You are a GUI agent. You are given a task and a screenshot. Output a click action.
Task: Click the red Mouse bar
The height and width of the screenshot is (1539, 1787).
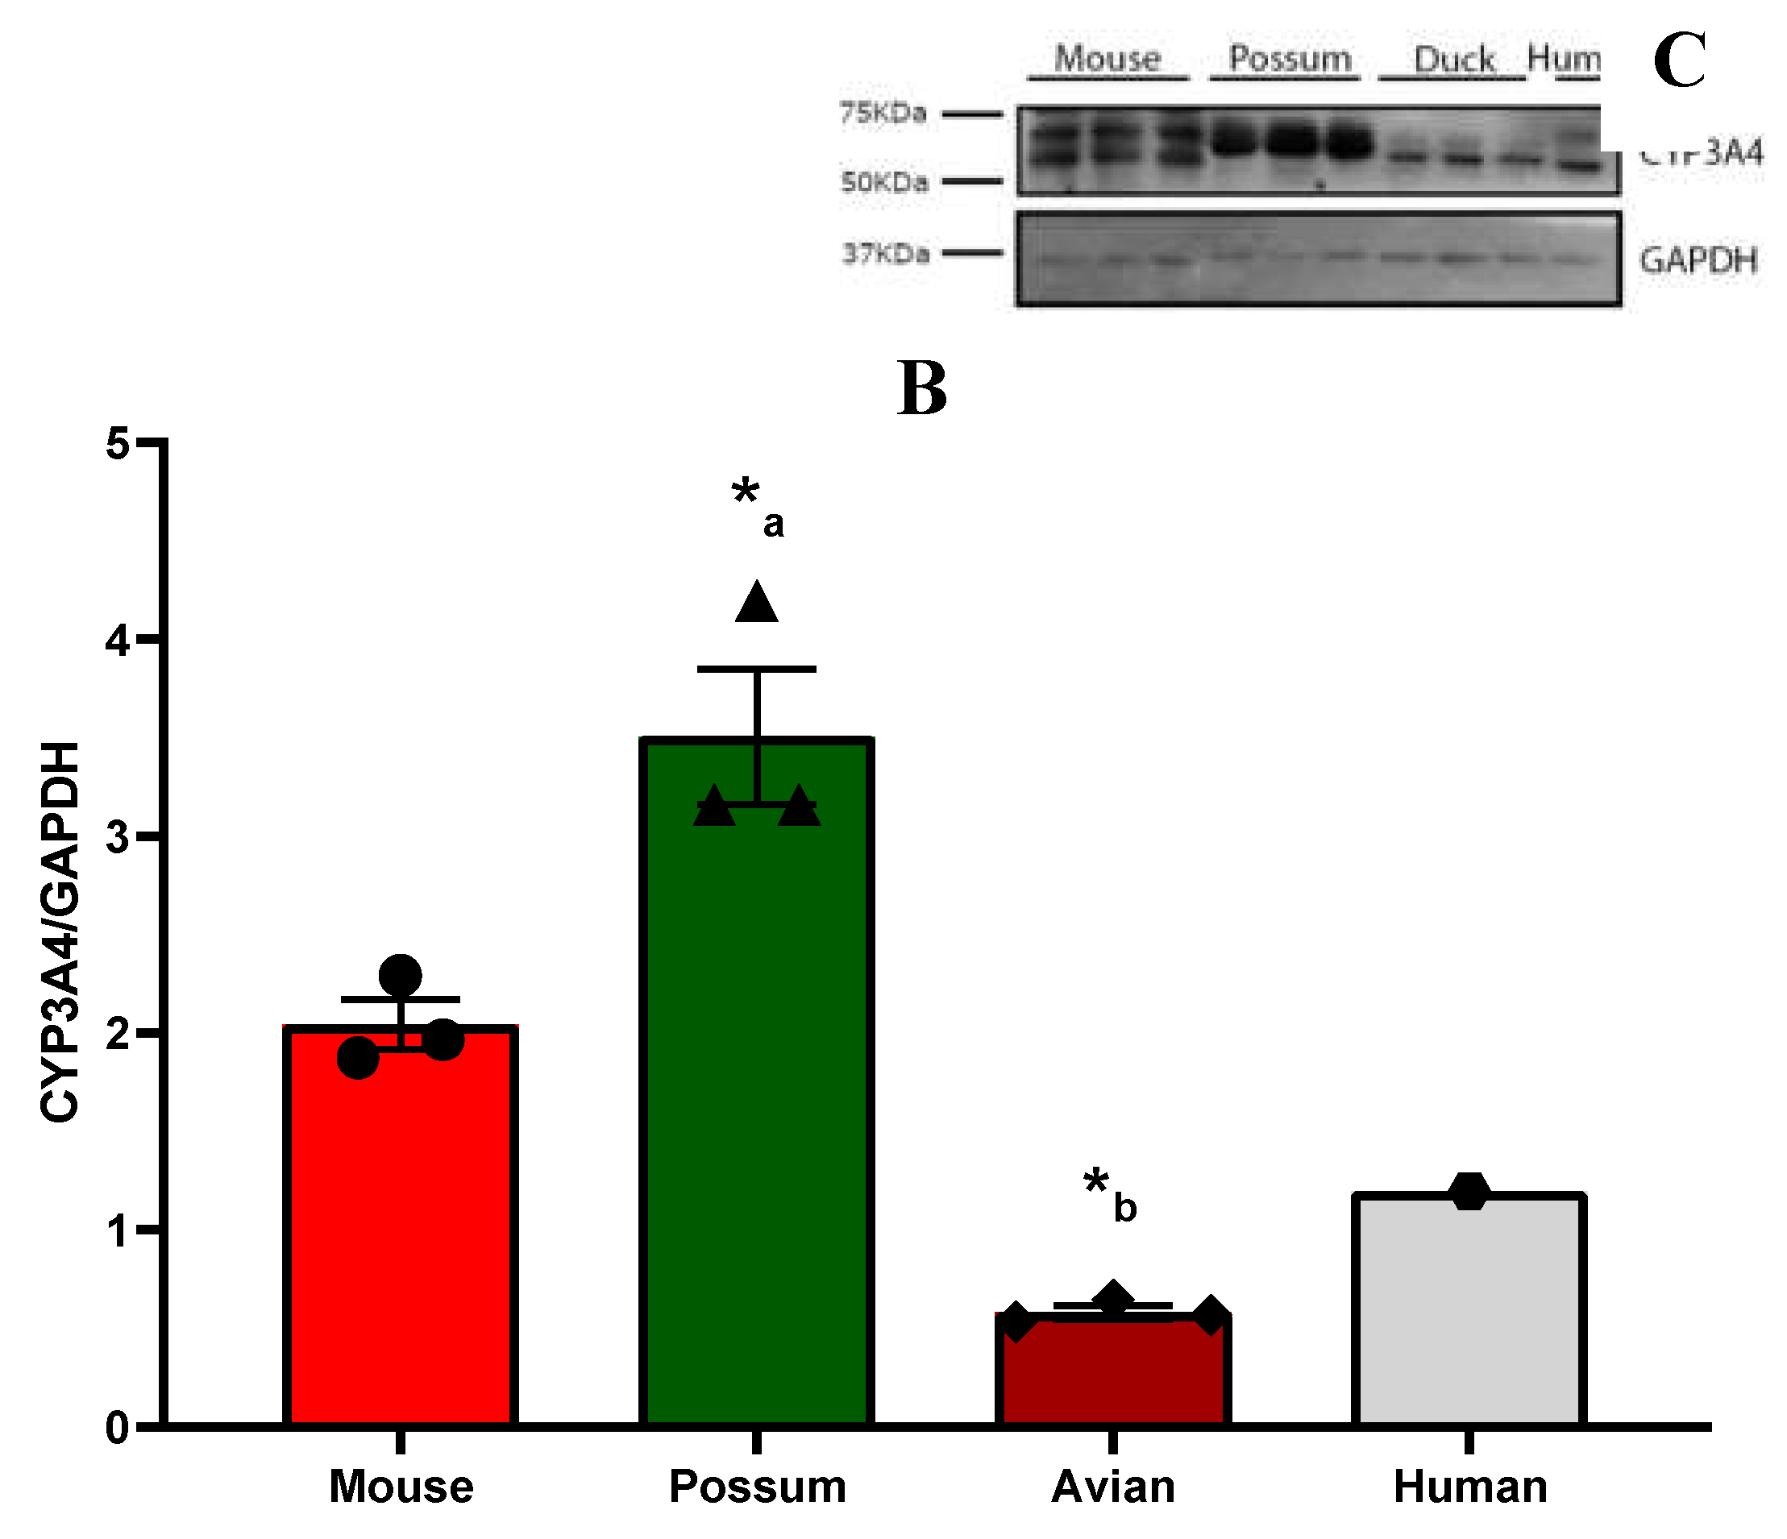(400, 1224)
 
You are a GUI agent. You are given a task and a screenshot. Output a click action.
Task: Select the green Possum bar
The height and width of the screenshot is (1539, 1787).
(756, 1078)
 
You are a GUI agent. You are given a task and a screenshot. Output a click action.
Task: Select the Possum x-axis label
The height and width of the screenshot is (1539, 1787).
(757, 1487)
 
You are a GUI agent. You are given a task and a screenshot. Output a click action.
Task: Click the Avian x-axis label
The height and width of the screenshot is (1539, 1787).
(1112, 1487)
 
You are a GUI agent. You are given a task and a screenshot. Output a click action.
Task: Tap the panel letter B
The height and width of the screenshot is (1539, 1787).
(922, 389)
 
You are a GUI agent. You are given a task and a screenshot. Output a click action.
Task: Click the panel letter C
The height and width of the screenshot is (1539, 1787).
(1679, 60)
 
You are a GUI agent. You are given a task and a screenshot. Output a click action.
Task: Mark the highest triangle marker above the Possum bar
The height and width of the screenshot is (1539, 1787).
(756, 604)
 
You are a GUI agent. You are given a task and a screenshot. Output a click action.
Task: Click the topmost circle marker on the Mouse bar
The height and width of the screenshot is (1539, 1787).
(400, 976)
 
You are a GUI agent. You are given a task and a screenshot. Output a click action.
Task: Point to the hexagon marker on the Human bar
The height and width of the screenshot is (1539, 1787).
(1469, 1192)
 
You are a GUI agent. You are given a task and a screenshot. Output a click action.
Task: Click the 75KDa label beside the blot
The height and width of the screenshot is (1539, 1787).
(883, 112)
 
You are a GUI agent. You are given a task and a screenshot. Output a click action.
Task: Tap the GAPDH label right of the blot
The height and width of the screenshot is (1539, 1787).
(1698, 260)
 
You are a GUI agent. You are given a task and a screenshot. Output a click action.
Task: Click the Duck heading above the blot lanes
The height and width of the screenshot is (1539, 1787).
(1454, 60)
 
